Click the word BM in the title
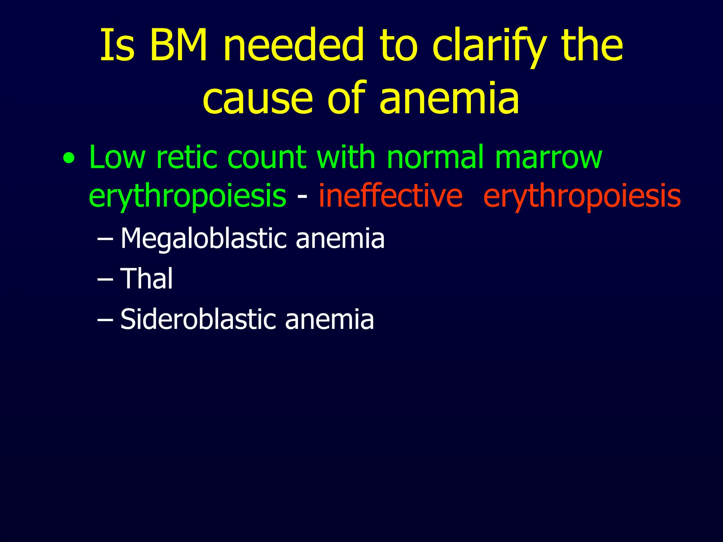(x=178, y=45)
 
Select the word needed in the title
(x=293, y=45)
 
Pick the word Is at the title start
(x=118, y=45)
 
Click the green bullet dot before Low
(x=69, y=158)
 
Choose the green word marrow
(x=548, y=158)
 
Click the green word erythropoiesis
(x=187, y=196)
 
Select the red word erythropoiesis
(x=582, y=196)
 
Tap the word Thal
(x=147, y=278)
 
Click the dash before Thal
(x=105, y=279)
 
